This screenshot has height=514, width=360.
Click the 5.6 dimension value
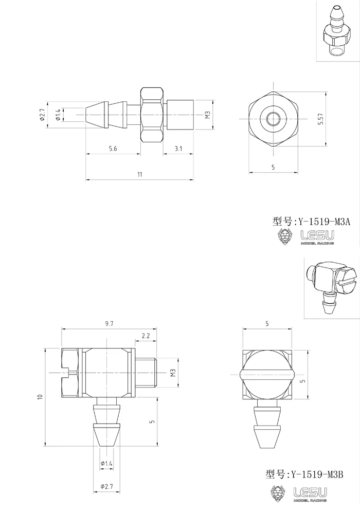tap(113, 148)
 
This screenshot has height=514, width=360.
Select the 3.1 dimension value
tap(178, 148)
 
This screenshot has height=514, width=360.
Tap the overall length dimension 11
tap(140, 175)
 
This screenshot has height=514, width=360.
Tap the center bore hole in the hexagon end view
tap(273, 119)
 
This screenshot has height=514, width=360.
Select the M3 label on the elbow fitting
tap(172, 373)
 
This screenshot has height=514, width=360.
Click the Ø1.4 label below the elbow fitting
tap(106, 464)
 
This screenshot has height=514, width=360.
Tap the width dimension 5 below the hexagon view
tap(273, 167)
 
